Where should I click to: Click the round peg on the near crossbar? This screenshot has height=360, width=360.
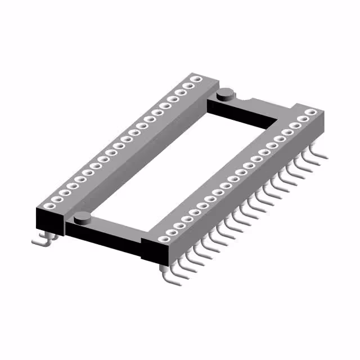coord(82,216)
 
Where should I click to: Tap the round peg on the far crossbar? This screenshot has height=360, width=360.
coord(226,92)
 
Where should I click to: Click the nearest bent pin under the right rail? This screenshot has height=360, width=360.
coord(168,276)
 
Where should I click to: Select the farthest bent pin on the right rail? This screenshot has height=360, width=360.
coord(318,153)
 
